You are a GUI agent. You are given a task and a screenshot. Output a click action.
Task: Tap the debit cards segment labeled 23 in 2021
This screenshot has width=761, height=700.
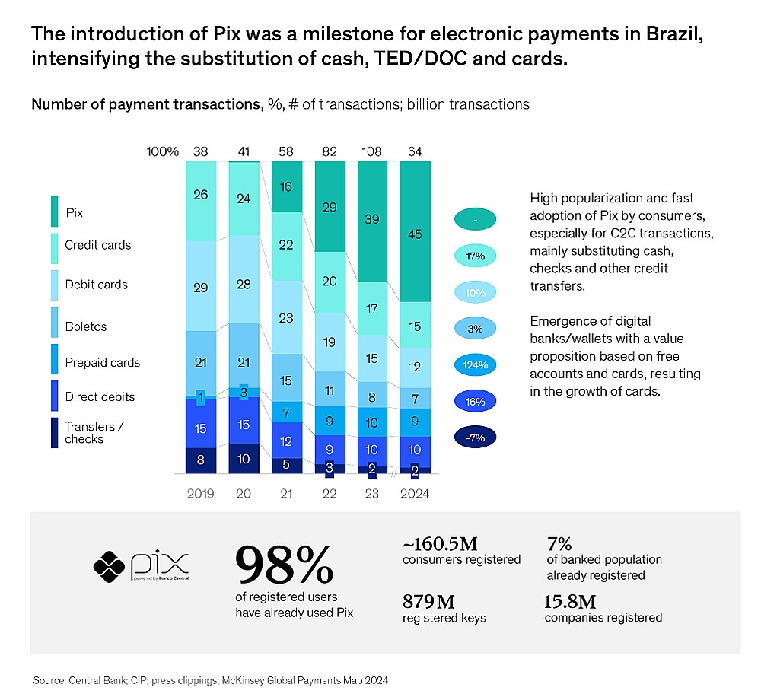click(287, 317)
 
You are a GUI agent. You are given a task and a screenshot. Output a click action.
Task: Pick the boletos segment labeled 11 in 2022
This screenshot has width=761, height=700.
click(330, 390)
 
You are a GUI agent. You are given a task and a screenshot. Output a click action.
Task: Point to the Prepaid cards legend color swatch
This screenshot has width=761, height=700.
click(55, 363)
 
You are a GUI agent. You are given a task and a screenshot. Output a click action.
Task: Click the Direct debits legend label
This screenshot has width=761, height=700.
click(100, 397)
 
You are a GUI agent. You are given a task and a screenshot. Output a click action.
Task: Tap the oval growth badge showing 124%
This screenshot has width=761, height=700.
click(475, 365)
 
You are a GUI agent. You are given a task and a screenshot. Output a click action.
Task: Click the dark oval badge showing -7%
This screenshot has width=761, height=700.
click(475, 437)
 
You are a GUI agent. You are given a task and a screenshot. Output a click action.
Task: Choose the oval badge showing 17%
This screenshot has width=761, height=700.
click(475, 256)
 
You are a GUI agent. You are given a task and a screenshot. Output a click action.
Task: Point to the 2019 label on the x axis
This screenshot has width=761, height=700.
click(201, 494)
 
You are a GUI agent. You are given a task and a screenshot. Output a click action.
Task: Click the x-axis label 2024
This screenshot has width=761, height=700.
click(416, 494)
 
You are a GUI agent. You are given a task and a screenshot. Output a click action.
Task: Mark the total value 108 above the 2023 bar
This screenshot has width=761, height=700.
click(373, 151)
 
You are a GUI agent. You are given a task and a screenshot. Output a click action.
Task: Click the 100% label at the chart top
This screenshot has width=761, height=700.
click(162, 151)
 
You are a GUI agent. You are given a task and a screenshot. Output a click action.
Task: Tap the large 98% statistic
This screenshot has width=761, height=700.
click(284, 564)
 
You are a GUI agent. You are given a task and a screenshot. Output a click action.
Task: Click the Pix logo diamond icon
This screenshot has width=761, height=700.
click(109, 564)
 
